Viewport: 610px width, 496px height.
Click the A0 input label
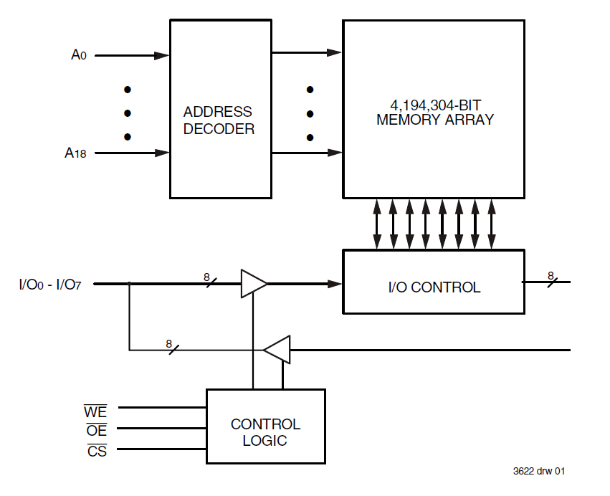pos(79,55)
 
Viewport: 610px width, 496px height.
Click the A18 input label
pos(76,153)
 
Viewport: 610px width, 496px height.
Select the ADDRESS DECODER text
pos(218,120)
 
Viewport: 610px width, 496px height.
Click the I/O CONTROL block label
pos(434,287)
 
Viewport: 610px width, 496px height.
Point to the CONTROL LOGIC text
pos(265,432)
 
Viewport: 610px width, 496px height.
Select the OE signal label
pos(96,430)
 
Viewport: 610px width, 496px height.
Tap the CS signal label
pos(97,451)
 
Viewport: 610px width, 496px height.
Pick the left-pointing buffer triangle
pos(277,350)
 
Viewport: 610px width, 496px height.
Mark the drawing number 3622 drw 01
pos(539,471)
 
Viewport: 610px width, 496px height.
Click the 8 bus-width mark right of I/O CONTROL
pos(551,275)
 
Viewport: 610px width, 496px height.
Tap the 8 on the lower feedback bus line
pos(169,344)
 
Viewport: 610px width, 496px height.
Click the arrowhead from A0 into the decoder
pos(162,55)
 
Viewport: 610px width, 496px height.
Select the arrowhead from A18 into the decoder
pos(162,153)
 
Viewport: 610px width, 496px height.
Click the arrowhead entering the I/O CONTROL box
pos(335,284)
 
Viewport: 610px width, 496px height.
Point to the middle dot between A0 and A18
pos(128,113)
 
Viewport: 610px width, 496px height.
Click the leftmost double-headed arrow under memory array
pos(377,224)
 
